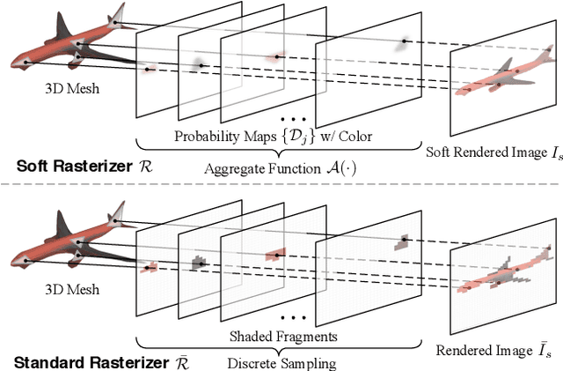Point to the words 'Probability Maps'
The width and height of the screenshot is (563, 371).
coord(220,136)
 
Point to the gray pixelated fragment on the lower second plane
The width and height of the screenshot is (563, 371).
coord(198,261)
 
